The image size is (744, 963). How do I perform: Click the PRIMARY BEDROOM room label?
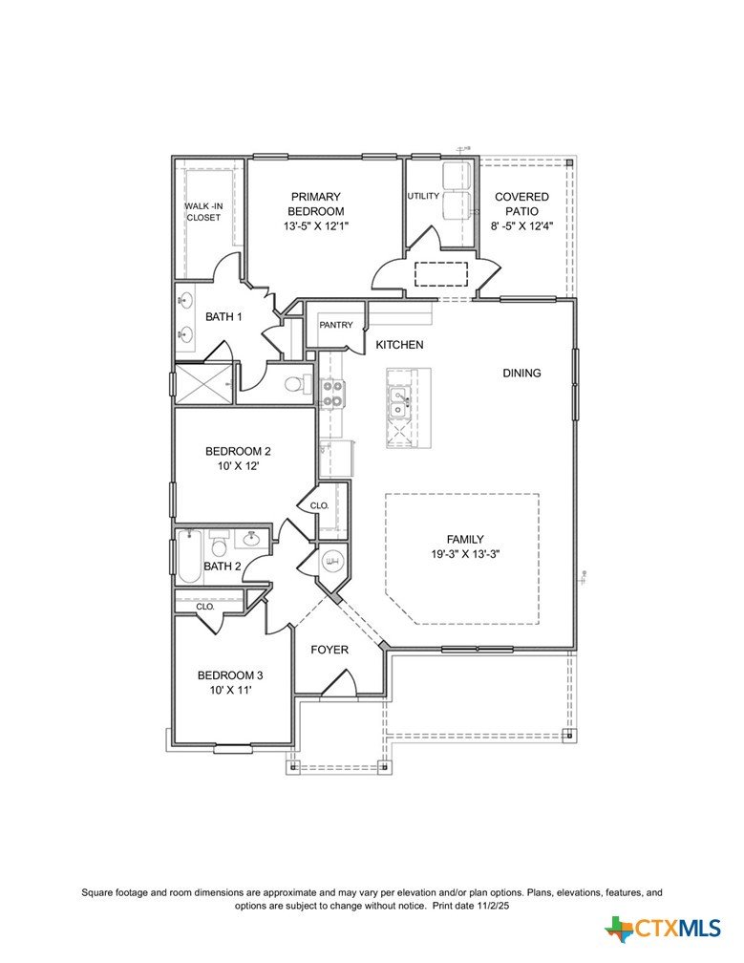pos(315,203)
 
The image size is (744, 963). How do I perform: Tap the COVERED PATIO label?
pos(521,203)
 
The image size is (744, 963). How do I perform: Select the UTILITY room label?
pos(423,196)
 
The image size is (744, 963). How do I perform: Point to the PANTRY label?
pos(336,325)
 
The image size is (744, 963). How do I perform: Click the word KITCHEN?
pos(399,345)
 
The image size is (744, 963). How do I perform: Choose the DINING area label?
pos(521,373)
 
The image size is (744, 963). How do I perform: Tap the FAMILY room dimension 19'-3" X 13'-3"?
pos(465,554)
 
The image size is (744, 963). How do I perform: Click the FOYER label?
pos(329,650)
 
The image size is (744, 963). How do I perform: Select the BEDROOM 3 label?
pos(230,675)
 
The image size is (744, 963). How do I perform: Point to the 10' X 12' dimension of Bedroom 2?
pos(238,466)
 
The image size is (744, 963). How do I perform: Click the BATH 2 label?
pos(223,567)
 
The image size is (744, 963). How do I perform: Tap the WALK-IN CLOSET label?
pos(203,212)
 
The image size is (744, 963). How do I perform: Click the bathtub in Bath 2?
pos(189,556)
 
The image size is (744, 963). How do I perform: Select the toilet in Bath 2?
pos(219,543)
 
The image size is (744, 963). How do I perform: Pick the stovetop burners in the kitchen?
pos(332,394)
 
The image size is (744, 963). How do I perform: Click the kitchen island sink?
pos(398,403)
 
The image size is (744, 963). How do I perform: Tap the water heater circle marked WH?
pos(332,562)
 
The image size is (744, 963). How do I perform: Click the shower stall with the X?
pos(204,384)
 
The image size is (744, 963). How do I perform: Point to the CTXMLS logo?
pos(663,928)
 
